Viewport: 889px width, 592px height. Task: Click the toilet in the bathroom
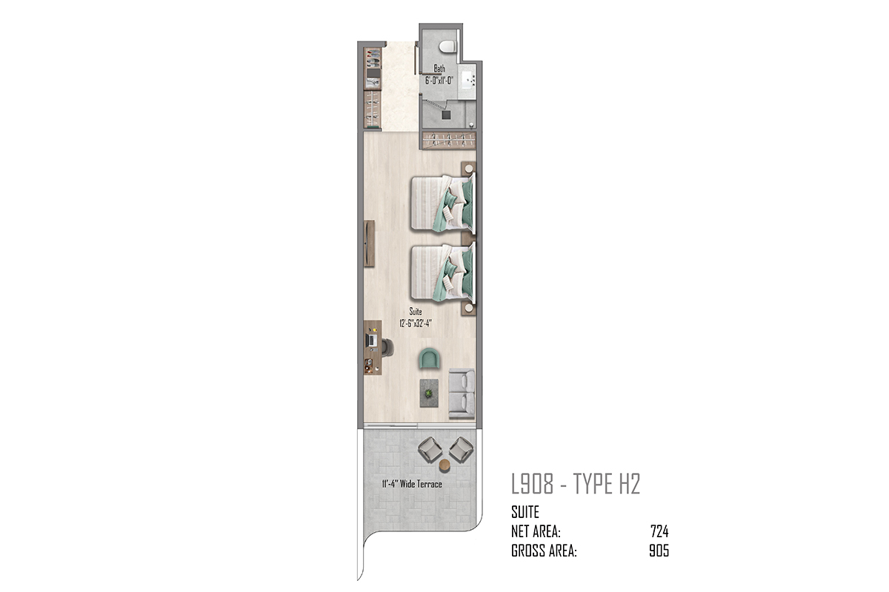[x=447, y=47]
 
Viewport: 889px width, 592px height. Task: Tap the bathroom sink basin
[x=468, y=80]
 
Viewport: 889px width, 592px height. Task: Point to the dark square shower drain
[x=447, y=115]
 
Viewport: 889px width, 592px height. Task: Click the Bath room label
[x=439, y=69]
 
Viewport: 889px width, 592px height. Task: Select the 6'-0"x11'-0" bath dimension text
[x=439, y=81]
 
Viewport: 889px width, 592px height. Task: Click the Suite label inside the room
[x=416, y=312]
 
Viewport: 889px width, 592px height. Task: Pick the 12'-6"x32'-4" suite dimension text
[x=415, y=323]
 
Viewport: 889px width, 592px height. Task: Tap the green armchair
[x=430, y=358]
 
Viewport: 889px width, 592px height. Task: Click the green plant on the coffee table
[x=429, y=394]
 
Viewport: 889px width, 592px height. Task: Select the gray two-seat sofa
[x=462, y=394]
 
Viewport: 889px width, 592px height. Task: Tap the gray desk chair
[x=387, y=348]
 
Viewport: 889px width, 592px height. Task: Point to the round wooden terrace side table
[x=445, y=466]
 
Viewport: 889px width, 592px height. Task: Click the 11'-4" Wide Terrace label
[x=412, y=484]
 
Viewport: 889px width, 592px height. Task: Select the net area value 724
[x=659, y=531]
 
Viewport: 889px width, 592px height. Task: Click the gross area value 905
[x=659, y=551]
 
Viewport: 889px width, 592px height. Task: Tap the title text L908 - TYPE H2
[x=576, y=484]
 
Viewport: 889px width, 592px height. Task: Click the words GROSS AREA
[x=544, y=551]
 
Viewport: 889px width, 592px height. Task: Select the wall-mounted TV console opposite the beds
[x=369, y=243]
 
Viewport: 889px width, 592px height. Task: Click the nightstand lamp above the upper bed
[x=469, y=169]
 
